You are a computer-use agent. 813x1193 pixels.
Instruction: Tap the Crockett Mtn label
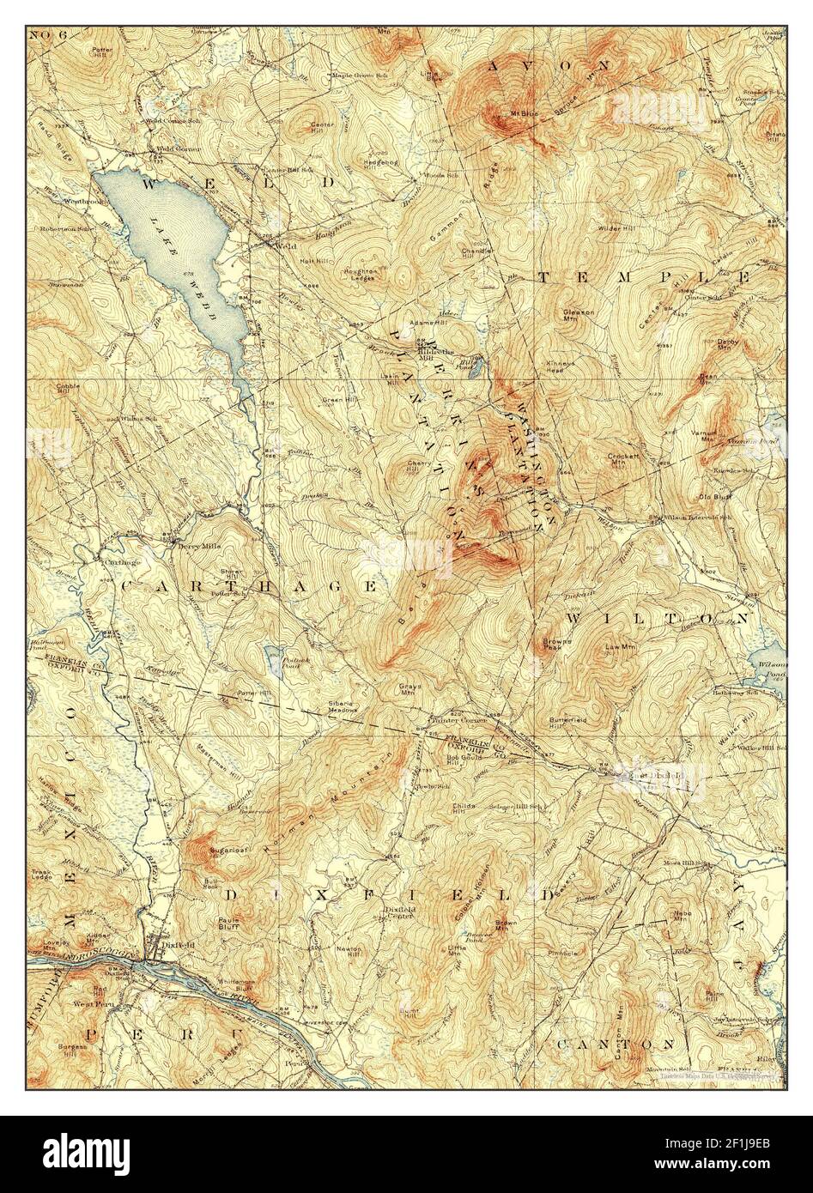(x=619, y=458)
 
